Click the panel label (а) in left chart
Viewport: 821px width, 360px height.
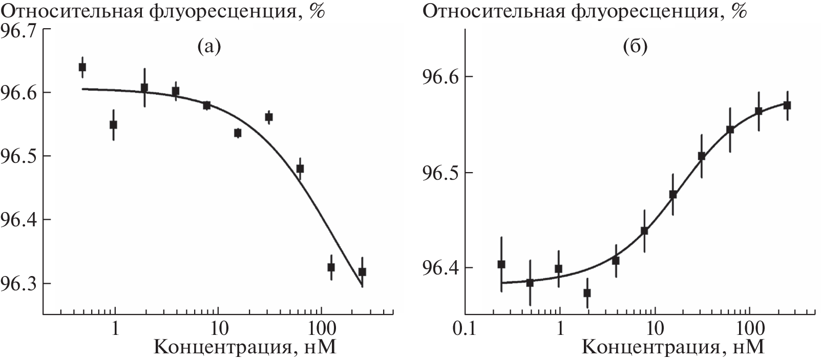click(x=208, y=48)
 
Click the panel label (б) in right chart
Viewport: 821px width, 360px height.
click(x=635, y=48)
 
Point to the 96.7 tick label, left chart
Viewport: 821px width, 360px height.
click(x=19, y=31)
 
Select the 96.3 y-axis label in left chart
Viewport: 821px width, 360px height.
click(x=19, y=284)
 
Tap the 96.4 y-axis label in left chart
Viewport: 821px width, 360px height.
click(x=19, y=220)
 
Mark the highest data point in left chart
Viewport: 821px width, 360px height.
click(x=82, y=67)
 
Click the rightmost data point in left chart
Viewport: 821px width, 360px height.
click(x=362, y=272)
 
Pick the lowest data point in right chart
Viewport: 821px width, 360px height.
click(x=587, y=293)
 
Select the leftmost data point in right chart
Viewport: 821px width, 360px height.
click(x=501, y=264)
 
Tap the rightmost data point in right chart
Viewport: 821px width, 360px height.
click(x=787, y=105)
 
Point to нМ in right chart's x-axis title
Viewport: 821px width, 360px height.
click(x=750, y=348)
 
